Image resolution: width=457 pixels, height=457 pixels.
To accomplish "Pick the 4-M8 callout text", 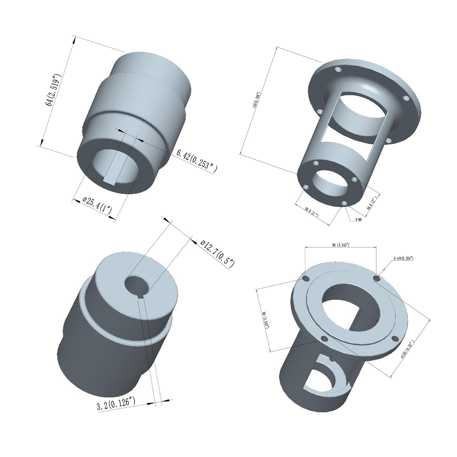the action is pyautogui.click(x=358, y=220).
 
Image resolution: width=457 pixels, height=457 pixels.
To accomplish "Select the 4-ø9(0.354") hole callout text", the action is pyautogui.click(x=403, y=258).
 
